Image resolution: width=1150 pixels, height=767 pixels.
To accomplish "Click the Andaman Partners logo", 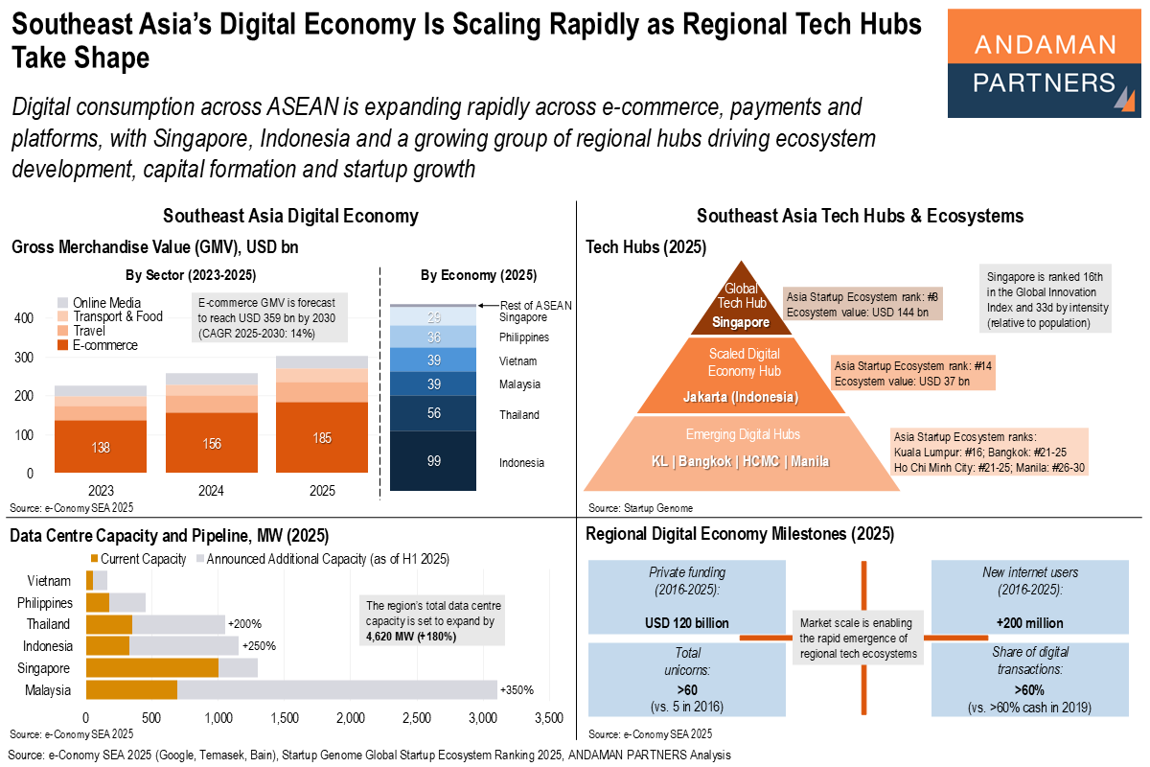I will [1043, 62].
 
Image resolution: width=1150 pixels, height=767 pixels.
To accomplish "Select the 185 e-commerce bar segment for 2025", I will [323, 437].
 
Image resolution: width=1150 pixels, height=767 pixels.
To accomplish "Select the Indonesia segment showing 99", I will [433, 461].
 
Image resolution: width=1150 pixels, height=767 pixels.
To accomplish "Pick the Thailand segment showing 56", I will [433, 413].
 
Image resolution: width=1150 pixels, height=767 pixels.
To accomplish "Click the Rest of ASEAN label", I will [536, 305].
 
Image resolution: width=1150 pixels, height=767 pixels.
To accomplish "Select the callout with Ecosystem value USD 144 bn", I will [862, 304].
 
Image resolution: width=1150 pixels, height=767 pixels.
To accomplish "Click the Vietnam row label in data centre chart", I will [49, 581].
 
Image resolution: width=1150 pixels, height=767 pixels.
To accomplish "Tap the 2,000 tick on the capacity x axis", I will [351, 717].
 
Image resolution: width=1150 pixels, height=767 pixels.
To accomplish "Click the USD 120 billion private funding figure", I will [686, 623].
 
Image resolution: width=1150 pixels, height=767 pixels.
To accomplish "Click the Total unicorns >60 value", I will [686, 688].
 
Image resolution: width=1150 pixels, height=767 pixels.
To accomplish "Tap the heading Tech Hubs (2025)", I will [646, 246].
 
